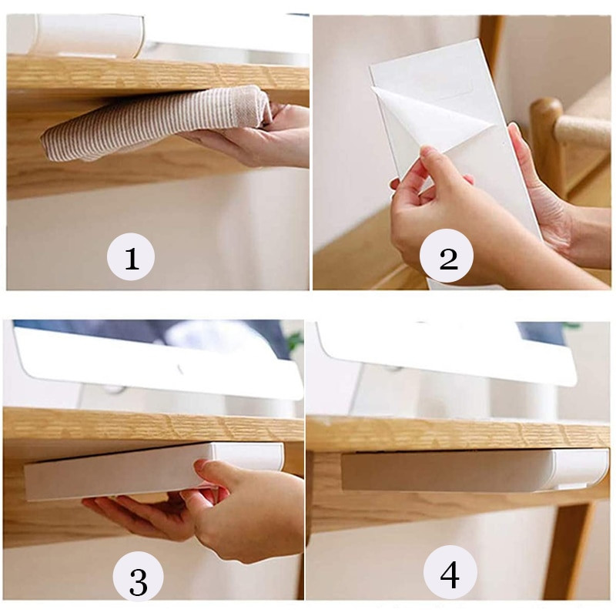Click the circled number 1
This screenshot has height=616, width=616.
(x=131, y=256)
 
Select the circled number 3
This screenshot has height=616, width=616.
(x=138, y=580)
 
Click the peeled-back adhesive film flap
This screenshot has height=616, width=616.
(x=431, y=115)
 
